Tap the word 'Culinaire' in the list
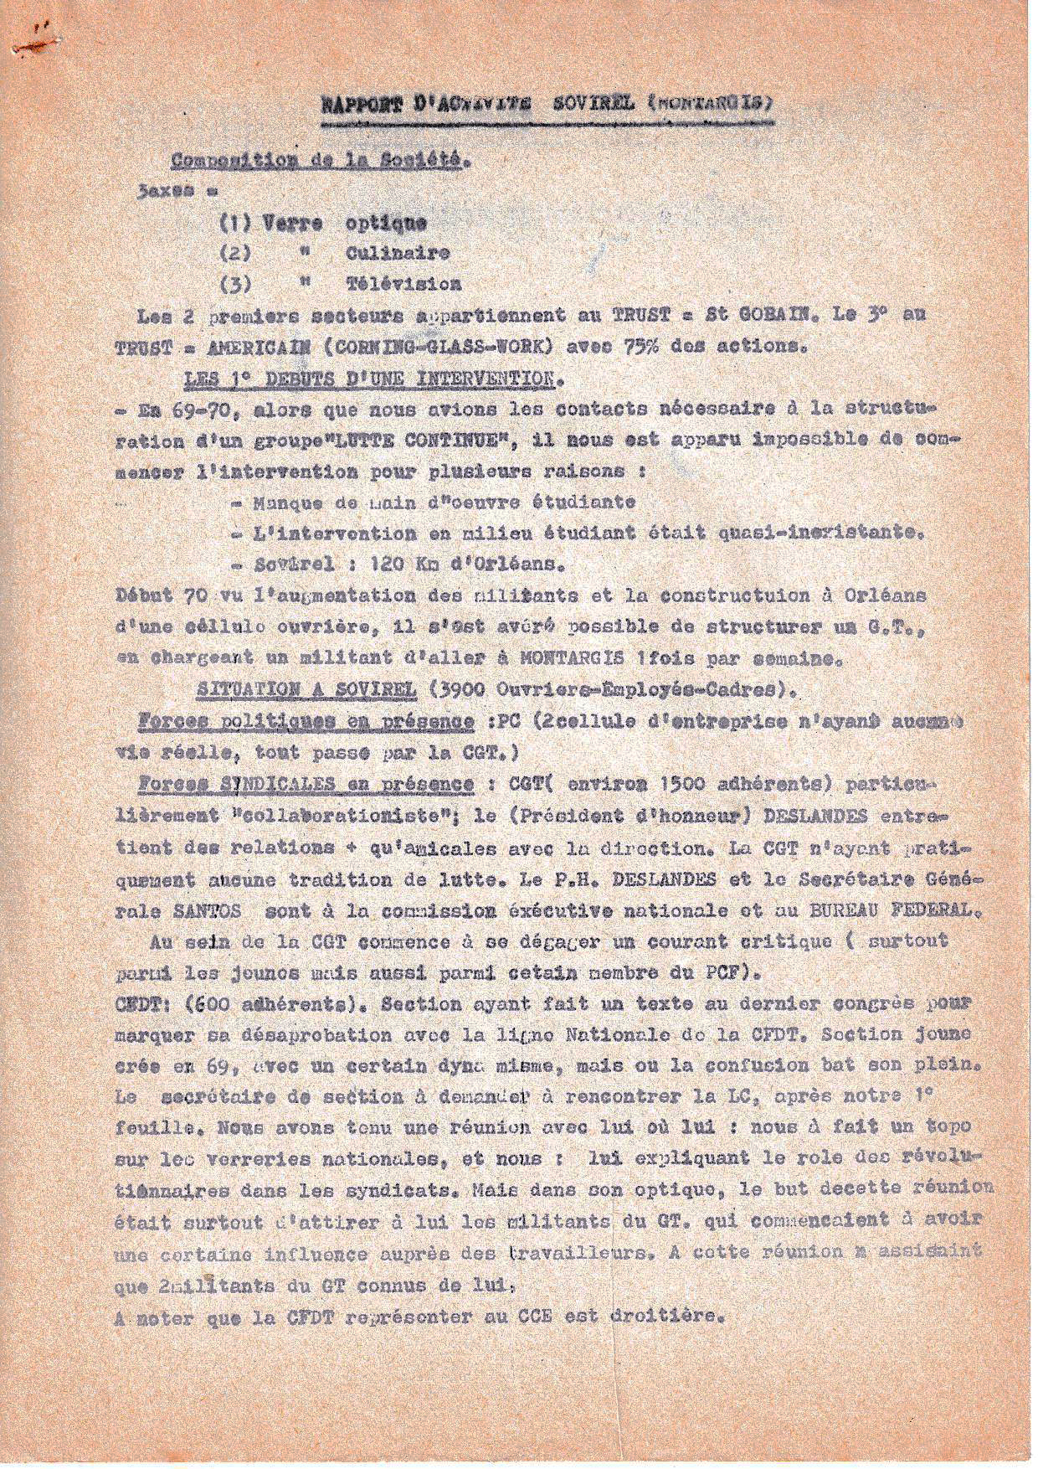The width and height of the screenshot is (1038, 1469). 398,253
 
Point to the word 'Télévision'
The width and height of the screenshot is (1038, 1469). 403,284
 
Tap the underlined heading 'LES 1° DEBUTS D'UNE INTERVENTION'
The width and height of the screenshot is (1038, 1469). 368,379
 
